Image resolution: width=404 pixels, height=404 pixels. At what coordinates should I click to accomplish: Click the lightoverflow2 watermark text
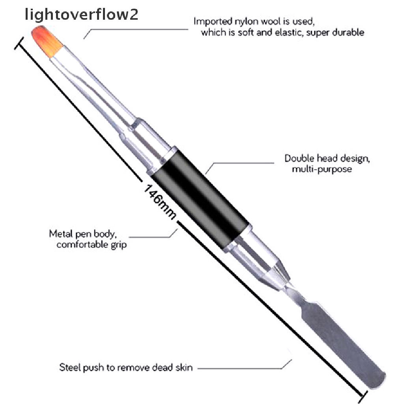pos(81,15)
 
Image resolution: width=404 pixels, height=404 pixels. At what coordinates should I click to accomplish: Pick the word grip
pos(118,245)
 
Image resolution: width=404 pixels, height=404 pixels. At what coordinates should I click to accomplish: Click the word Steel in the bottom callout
pos(69,368)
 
